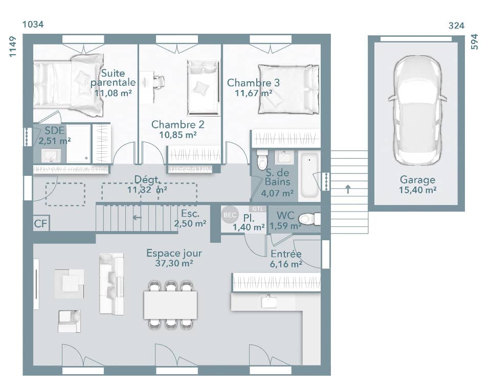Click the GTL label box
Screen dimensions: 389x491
coord(256,209)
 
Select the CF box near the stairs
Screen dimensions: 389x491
coord(41,223)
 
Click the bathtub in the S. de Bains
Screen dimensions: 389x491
coord(308,175)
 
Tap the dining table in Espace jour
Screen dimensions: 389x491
coord(170,305)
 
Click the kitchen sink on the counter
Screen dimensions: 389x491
coord(269,302)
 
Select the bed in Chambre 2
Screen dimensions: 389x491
coord(203,87)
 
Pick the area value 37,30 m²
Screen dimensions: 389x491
coord(174,264)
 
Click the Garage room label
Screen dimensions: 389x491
coord(417,180)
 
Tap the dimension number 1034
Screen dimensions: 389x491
coord(33,25)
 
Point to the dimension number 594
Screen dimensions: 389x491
coord(474,41)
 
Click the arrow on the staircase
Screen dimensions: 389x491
coord(137,217)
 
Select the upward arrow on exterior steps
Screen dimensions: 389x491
coord(348,189)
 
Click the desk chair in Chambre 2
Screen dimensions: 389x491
coord(159,81)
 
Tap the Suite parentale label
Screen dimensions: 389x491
coord(113,78)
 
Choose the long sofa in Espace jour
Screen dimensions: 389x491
coord(111,283)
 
